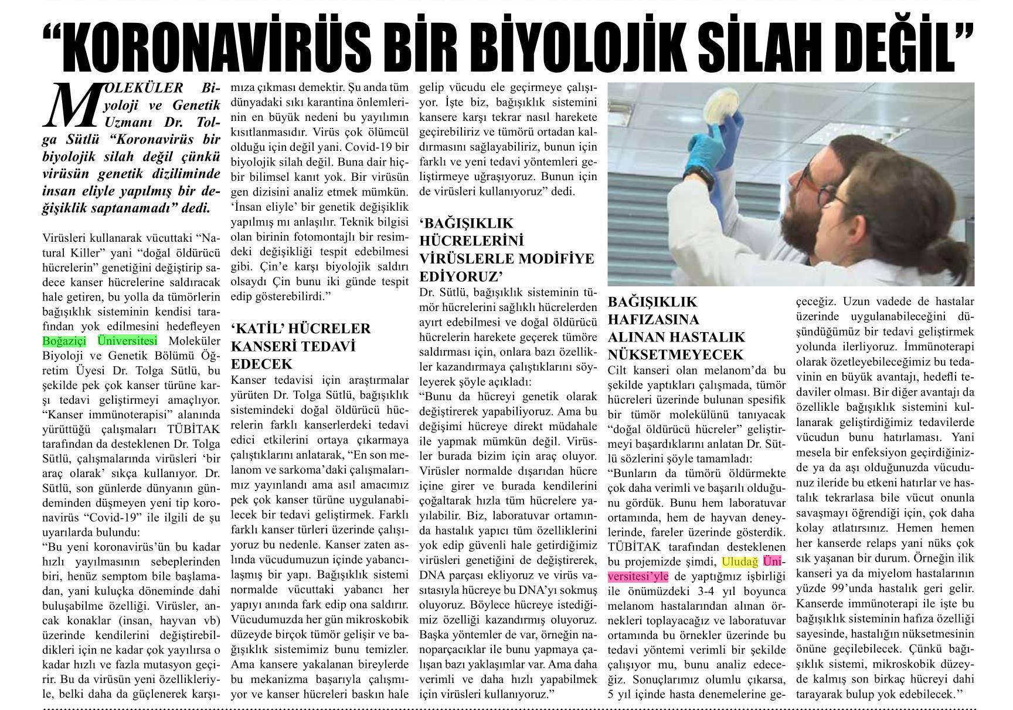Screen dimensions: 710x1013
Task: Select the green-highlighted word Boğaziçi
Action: point(64,341)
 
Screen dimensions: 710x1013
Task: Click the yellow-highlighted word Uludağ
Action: point(740,561)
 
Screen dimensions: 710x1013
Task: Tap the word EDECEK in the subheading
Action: point(261,363)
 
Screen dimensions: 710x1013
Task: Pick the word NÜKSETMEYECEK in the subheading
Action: point(676,354)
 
